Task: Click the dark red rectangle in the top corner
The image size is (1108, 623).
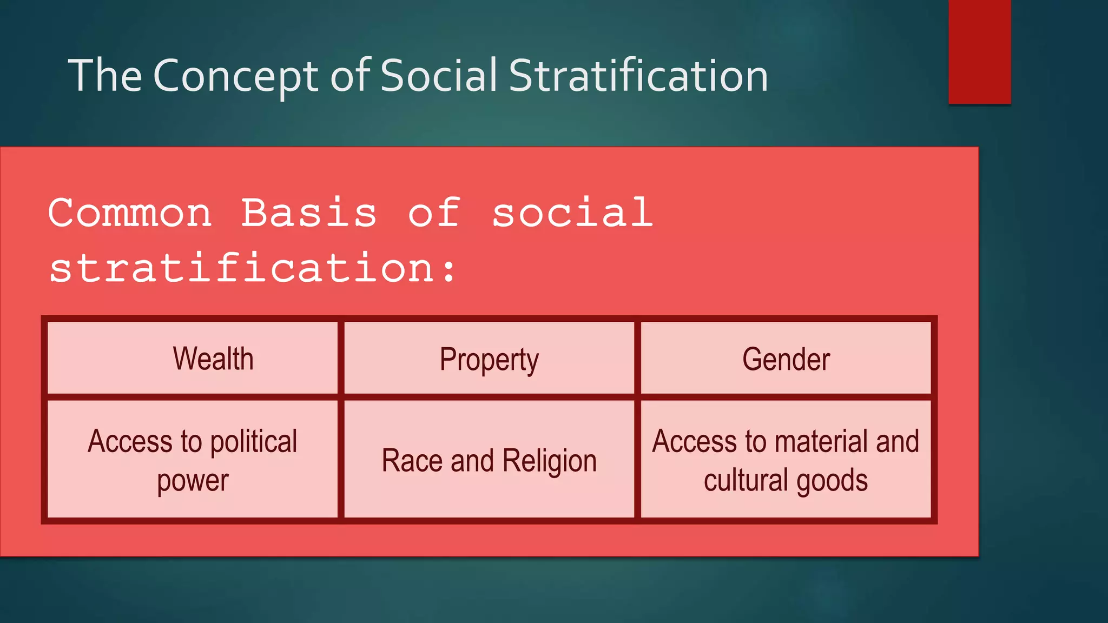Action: [979, 51]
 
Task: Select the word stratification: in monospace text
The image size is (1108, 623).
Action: [253, 268]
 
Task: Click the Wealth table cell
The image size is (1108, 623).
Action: [213, 359]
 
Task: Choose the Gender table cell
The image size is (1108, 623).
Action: [786, 359]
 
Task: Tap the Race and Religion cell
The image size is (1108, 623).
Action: [489, 461]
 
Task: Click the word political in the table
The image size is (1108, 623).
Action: [254, 442]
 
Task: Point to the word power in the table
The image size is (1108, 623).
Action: [193, 481]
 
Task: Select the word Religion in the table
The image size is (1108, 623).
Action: [549, 461]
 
